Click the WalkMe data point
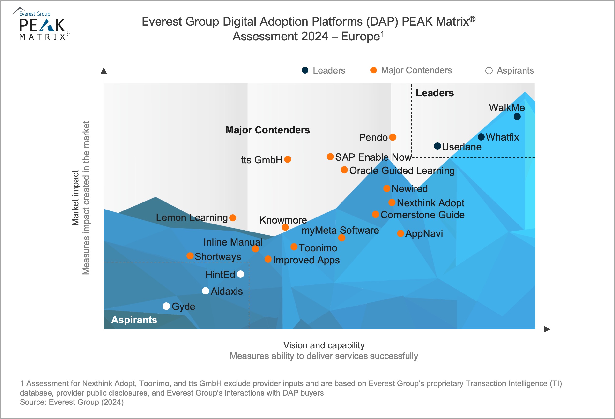(517, 117)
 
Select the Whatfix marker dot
(481, 137)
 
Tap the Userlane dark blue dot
(437, 146)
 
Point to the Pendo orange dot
(393, 137)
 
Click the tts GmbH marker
(288, 159)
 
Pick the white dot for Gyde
(166, 306)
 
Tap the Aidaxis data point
(206, 291)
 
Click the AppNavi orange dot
(401, 233)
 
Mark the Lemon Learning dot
(233, 218)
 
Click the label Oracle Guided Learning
(402, 171)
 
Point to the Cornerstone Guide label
(422, 215)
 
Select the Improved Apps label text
(306, 260)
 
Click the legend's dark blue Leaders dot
(305, 70)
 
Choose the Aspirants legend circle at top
(489, 71)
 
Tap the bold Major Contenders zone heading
(267, 130)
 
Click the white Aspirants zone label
(134, 320)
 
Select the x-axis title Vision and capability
(324, 345)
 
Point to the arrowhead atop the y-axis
(104, 71)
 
